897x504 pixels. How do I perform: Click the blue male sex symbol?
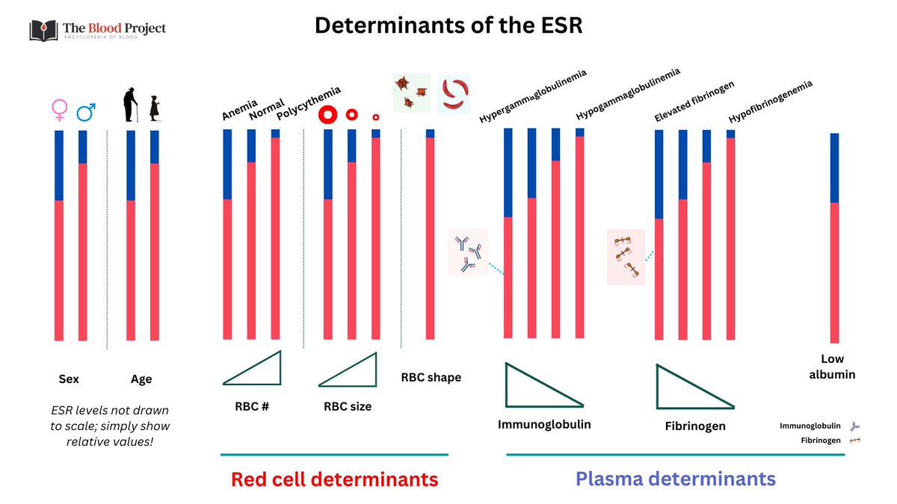85,112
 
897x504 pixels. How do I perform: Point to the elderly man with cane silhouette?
130,105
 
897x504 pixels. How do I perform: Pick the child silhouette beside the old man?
154,108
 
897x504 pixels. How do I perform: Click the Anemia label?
239,109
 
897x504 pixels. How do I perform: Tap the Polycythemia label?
308,103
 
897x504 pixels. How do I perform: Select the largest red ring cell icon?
327,115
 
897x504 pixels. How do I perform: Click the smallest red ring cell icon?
375,117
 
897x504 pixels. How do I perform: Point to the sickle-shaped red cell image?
453,94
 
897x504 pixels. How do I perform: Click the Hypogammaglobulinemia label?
628,95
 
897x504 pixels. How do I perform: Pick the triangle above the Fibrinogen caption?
688,388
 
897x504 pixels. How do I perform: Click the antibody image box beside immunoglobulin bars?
467,252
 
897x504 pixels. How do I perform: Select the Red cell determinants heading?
334,479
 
